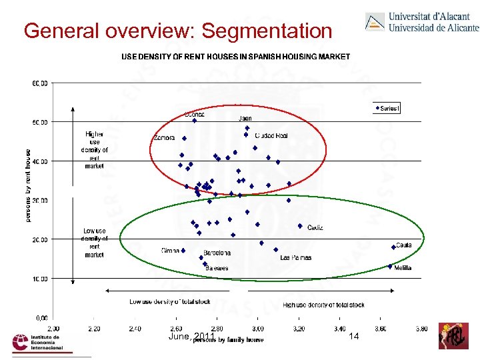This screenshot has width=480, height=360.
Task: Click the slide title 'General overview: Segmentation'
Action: coord(177,31)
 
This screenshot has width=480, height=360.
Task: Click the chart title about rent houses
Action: coord(235,57)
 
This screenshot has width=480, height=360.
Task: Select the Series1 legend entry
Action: coord(388,108)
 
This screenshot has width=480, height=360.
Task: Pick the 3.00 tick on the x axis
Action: coord(258,329)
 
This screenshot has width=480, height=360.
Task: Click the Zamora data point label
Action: coord(164,138)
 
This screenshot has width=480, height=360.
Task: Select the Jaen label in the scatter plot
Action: coord(245,119)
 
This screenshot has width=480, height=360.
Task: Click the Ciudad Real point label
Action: coord(271,135)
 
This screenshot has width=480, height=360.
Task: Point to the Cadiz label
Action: coord(315,227)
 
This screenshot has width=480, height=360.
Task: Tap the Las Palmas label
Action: coord(295,257)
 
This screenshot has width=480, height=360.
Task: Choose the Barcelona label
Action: coord(217,253)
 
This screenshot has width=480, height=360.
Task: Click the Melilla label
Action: coord(403,267)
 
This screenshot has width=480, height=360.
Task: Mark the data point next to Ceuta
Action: coord(393,247)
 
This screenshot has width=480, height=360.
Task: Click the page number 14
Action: coord(354,337)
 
